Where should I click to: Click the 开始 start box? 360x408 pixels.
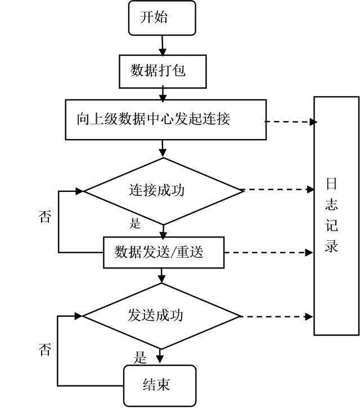[162, 17]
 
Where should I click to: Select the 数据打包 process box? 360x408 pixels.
[163, 71]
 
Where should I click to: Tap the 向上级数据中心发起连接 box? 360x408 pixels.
[166, 119]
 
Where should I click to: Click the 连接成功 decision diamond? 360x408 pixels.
[163, 191]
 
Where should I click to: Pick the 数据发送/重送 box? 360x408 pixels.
[164, 252]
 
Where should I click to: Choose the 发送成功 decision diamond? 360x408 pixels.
[161, 316]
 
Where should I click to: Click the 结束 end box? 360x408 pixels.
[159, 385]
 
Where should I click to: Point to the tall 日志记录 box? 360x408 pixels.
[336, 216]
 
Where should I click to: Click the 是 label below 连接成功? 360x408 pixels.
[135, 223]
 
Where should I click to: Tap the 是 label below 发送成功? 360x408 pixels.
[140, 357]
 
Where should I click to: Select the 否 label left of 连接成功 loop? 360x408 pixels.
[44, 217]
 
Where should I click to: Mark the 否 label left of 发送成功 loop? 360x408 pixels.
[45, 349]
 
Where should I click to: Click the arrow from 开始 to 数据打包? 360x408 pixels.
[163, 45]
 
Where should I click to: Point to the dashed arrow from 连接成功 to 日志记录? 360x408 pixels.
[277, 190]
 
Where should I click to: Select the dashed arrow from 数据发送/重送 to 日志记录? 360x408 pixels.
[268, 253]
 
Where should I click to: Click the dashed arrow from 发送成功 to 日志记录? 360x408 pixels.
[276, 317]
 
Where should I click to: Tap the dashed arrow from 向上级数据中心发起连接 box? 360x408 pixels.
[291, 122]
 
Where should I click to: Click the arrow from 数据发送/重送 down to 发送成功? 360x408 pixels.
[161, 276]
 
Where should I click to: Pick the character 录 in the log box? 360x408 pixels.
[331, 245]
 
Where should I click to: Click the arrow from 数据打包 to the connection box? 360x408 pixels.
[163, 94]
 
